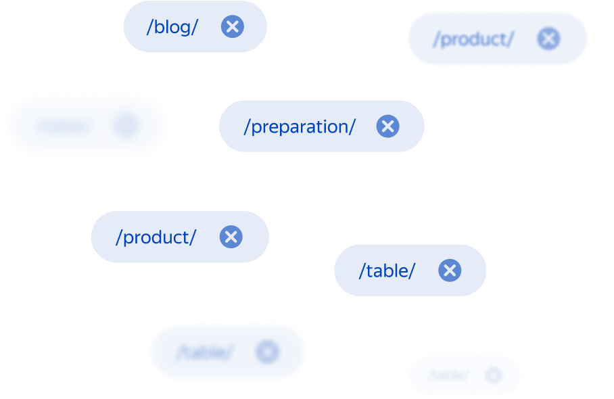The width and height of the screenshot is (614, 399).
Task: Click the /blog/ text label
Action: pyautogui.click(x=172, y=27)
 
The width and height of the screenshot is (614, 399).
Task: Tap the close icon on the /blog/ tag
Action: pyautogui.click(x=232, y=27)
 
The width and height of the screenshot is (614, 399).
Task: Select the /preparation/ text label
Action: pyautogui.click(x=300, y=126)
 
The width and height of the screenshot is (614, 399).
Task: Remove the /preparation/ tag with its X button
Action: pyautogui.click(x=387, y=126)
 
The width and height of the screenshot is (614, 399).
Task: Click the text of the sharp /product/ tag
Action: pyautogui.click(x=156, y=237)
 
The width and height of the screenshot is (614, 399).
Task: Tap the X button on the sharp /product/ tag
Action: pyautogui.click(x=231, y=237)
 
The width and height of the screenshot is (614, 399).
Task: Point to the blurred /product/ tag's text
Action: pyautogui.click(x=473, y=39)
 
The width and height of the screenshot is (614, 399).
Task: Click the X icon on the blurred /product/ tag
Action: pyautogui.click(x=548, y=39)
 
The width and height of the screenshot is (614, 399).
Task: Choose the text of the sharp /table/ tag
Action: pyautogui.click(x=387, y=271)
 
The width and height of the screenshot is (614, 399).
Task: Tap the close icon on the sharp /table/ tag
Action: pyautogui.click(x=449, y=271)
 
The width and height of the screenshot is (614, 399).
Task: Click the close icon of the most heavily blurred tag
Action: pyautogui.click(x=126, y=125)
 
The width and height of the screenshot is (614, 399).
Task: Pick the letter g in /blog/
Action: pyautogui.click(x=185, y=29)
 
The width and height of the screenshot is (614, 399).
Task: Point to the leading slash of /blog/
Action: pyautogui.click(x=149, y=27)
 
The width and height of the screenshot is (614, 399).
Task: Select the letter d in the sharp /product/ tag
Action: pyautogui.click(x=165, y=237)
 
